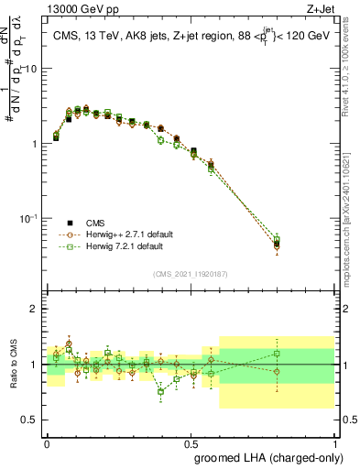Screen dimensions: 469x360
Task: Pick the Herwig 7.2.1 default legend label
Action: tap(121, 246)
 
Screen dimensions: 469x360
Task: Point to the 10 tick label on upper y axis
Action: tap(30, 70)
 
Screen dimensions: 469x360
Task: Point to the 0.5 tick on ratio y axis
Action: tap(28, 420)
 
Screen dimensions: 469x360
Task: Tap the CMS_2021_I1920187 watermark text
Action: tap(190, 274)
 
